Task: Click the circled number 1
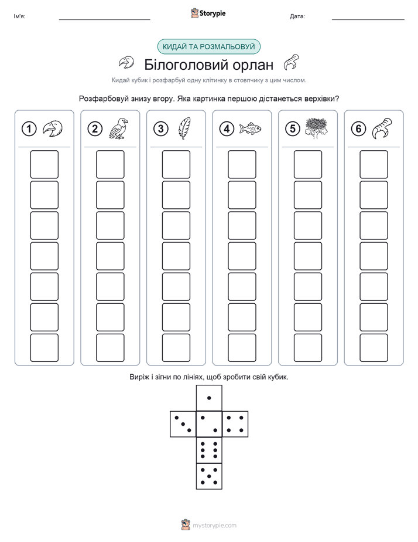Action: click(29, 129)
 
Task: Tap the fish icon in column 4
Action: click(251, 129)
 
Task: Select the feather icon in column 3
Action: click(185, 128)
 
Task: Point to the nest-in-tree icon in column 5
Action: click(316, 128)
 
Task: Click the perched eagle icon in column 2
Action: click(118, 128)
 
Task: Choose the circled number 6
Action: click(358, 129)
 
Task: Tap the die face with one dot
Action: click(209, 398)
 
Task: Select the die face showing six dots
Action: click(209, 450)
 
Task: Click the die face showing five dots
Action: click(209, 476)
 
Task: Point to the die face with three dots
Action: click(183, 424)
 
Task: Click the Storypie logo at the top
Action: click(208, 13)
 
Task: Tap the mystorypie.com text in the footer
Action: click(214, 526)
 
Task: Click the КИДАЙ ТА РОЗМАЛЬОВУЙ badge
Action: click(208, 47)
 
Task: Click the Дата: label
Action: click(297, 16)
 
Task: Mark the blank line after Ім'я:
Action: click(104, 20)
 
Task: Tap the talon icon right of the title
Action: click(291, 62)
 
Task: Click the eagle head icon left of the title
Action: click(126, 63)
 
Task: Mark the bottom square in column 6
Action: click(374, 348)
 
